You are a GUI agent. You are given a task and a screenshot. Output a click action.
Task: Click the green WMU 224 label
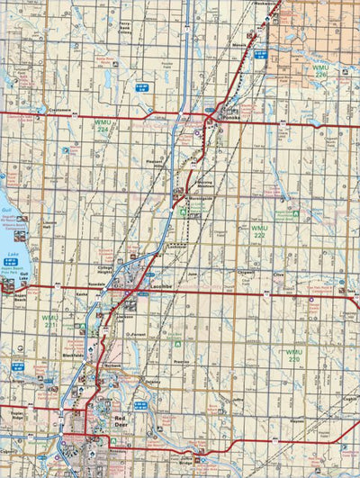[x=105, y=127]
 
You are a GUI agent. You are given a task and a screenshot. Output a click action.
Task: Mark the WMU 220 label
[x=293, y=355]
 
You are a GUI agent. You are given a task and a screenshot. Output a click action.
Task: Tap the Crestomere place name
[x=60, y=110]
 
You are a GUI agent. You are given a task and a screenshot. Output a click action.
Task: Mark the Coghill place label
[x=349, y=399]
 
